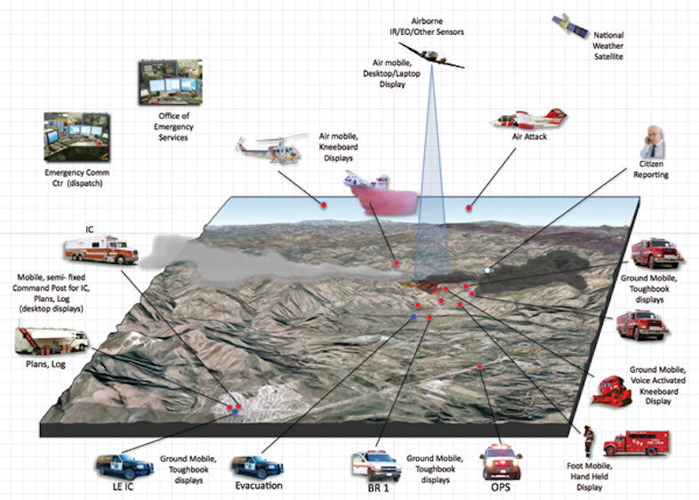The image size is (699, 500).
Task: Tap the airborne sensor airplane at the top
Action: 431,55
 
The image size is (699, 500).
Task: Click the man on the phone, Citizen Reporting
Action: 653,142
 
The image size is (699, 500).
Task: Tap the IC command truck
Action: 101,251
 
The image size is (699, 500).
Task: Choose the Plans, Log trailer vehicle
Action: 52,339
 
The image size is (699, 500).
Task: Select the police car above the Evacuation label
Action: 257,465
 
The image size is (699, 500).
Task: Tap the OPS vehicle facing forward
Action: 501,461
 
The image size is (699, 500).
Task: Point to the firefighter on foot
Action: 588,440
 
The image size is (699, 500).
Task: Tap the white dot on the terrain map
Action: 486,270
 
